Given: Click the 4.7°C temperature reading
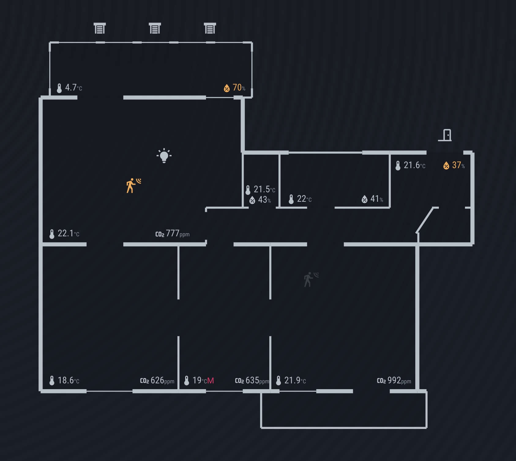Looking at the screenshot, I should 70,88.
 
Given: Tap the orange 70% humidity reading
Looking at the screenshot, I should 235,88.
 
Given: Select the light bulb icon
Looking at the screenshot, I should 164,156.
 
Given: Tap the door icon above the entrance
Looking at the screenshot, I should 445,135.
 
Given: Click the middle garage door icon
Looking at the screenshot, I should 155,28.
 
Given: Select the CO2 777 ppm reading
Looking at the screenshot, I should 173,234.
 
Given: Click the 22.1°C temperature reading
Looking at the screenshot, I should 65,234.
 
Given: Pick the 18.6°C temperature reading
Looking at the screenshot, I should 65,380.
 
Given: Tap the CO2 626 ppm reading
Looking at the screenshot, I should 157,381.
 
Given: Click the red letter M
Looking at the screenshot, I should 211,381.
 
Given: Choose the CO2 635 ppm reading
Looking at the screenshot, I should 252,381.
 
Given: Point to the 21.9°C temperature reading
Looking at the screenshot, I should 291,380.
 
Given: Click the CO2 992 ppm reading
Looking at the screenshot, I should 394,381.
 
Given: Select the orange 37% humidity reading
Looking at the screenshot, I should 454,165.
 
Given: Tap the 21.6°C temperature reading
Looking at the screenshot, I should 410,165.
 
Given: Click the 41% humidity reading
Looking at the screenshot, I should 372,199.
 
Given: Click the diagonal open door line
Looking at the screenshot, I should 425,220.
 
